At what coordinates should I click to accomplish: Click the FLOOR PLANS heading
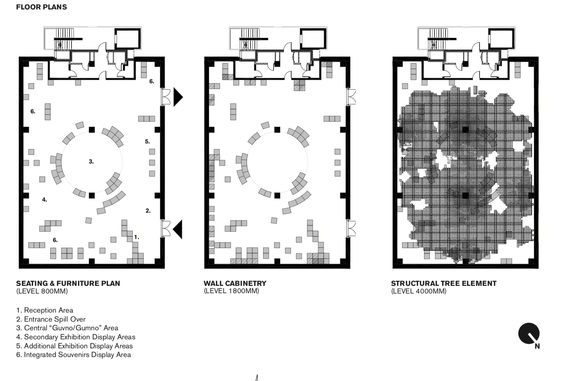[41, 7]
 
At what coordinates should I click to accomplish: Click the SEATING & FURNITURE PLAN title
[68, 283]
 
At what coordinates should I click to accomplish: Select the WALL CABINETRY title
[235, 283]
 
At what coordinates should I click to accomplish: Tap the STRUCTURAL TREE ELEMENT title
[444, 283]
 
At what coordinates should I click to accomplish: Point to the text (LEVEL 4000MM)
[419, 291]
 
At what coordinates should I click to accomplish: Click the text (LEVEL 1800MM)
[231, 291]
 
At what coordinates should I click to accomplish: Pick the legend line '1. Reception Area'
[45, 310]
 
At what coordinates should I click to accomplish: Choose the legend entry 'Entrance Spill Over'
[51, 319]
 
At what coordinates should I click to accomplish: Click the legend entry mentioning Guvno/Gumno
[67, 328]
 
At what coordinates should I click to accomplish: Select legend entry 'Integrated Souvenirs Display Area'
[73, 355]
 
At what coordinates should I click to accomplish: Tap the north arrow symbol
[529, 334]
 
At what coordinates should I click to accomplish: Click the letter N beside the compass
[537, 346]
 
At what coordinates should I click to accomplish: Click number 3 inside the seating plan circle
[91, 161]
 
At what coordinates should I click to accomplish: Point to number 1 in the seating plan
[136, 237]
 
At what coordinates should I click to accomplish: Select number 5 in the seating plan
[147, 141]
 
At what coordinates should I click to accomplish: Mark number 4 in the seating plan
[44, 200]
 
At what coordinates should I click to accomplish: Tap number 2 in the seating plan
[148, 211]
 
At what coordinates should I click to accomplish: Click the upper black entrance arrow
[178, 97]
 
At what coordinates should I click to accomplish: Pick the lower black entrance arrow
[177, 229]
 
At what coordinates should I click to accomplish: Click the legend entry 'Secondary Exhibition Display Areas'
[76, 337]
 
